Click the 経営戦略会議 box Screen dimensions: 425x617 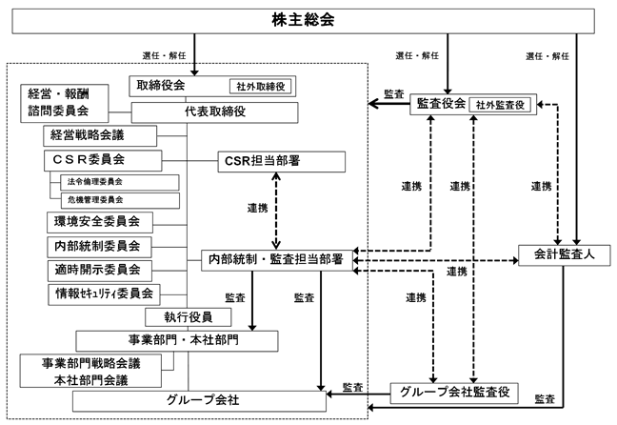90,134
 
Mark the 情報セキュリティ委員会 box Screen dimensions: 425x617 103,292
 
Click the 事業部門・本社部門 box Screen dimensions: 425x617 177,340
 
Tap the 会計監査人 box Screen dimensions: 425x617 563,255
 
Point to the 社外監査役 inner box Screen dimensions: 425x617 501,106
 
